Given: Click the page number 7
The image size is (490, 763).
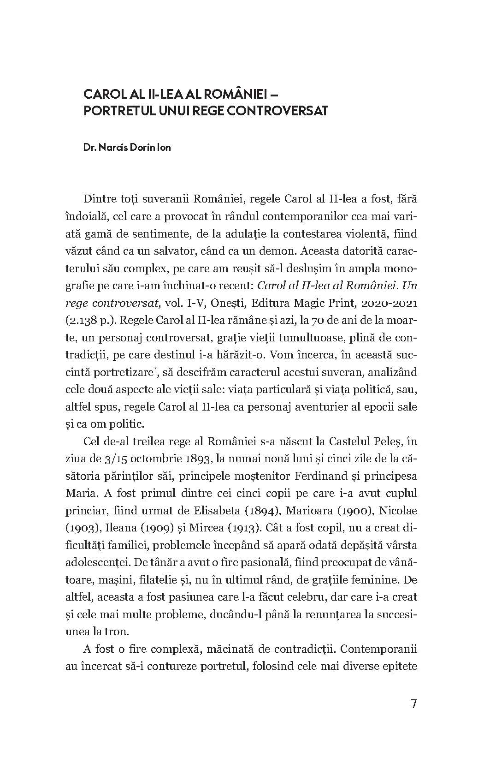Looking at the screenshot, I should tap(413, 705).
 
